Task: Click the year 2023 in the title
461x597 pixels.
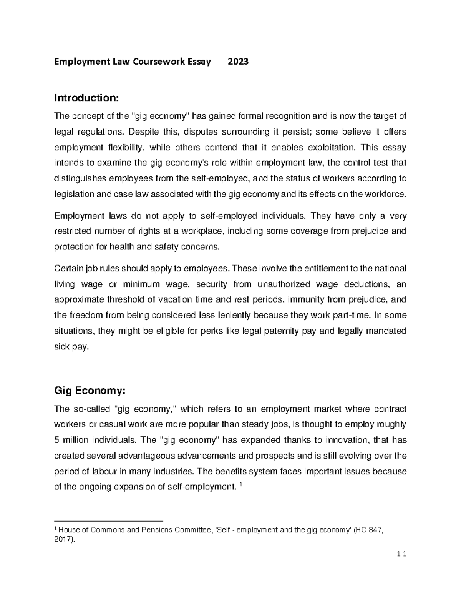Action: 238,62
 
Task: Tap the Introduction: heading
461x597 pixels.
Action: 87,98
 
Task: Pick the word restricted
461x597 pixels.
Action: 73,231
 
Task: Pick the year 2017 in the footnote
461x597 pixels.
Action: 63,539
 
